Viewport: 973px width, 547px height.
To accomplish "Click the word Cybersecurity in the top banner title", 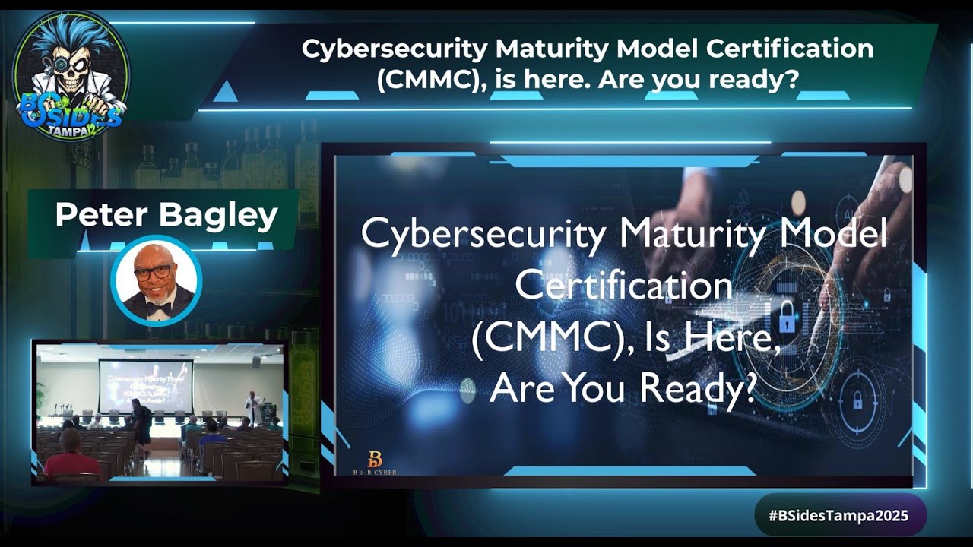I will pyautogui.click(x=395, y=49).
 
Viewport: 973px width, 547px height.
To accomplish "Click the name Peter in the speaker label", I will pyautogui.click(x=100, y=217).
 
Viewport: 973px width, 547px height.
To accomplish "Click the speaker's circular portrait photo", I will pyautogui.click(x=157, y=280).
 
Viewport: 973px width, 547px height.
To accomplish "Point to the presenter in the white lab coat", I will pyautogui.click(x=253, y=406).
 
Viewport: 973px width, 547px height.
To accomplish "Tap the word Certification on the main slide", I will pyautogui.click(x=623, y=286).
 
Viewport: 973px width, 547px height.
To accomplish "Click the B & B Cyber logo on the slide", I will pyautogui.click(x=375, y=462).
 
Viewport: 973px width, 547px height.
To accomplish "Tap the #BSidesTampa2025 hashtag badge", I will pyautogui.click(x=838, y=515).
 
